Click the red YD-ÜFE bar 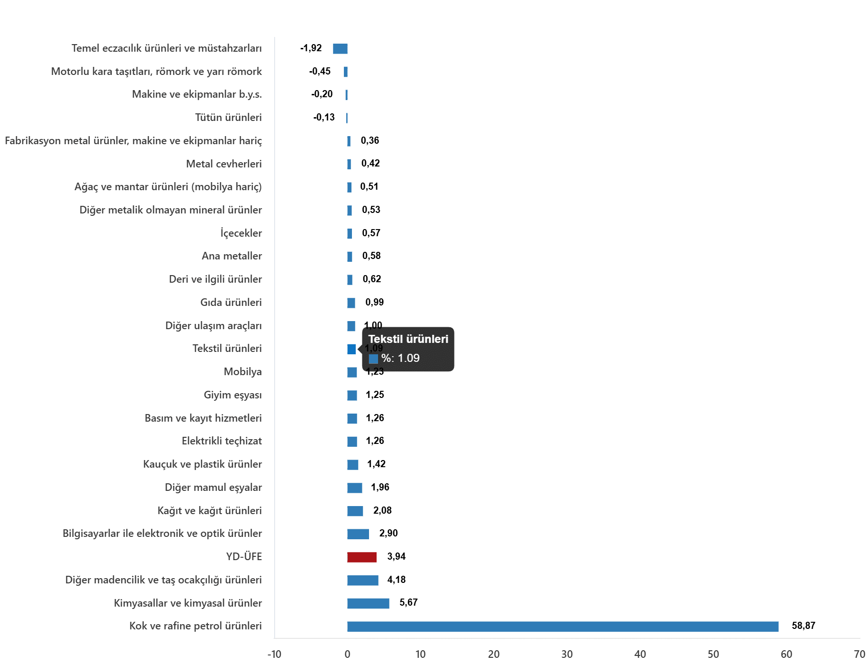[361, 557]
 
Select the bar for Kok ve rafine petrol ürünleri [563, 626]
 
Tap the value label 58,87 [803, 626]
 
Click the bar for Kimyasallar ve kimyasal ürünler [368, 603]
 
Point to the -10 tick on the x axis [274, 655]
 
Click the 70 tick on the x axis [859, 655]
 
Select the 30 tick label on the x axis [567, 655]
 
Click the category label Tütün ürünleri [228, 117]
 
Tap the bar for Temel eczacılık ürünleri [340, 48]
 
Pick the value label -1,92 [311, 48]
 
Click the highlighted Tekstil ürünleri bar [351, 349]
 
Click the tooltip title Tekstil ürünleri [408, 339]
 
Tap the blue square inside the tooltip [373, 359]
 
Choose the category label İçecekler [241, 233]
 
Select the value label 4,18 [396, 580]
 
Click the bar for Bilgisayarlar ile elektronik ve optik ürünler [358, 534]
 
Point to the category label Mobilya [242, 372]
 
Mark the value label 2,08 [382, 510]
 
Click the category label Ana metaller [231, 256]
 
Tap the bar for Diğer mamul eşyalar [354, 488]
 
